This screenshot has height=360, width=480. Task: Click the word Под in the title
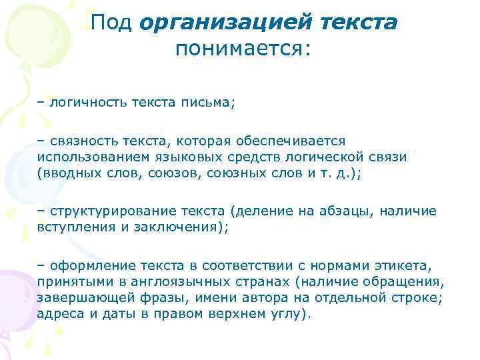pos(112,23)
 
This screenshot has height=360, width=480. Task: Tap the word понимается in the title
pos(240,49)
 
